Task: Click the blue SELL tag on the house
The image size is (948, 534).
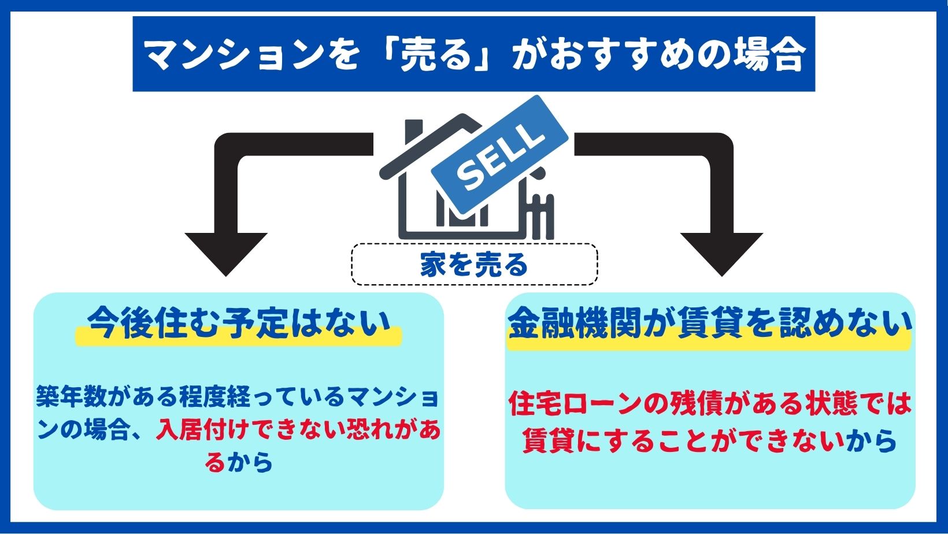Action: coord(499,155)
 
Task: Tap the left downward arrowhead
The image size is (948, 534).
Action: coord(226,254)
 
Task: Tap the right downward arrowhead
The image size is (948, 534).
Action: coord(721,254)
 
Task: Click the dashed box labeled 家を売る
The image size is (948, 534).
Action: coord(475,264)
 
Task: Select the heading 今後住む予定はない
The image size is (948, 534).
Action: coord(239,324)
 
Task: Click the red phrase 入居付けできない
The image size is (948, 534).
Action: coord(250,431)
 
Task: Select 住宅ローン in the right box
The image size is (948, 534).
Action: coord(575,404)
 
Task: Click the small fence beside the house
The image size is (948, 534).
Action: coord(541,216)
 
